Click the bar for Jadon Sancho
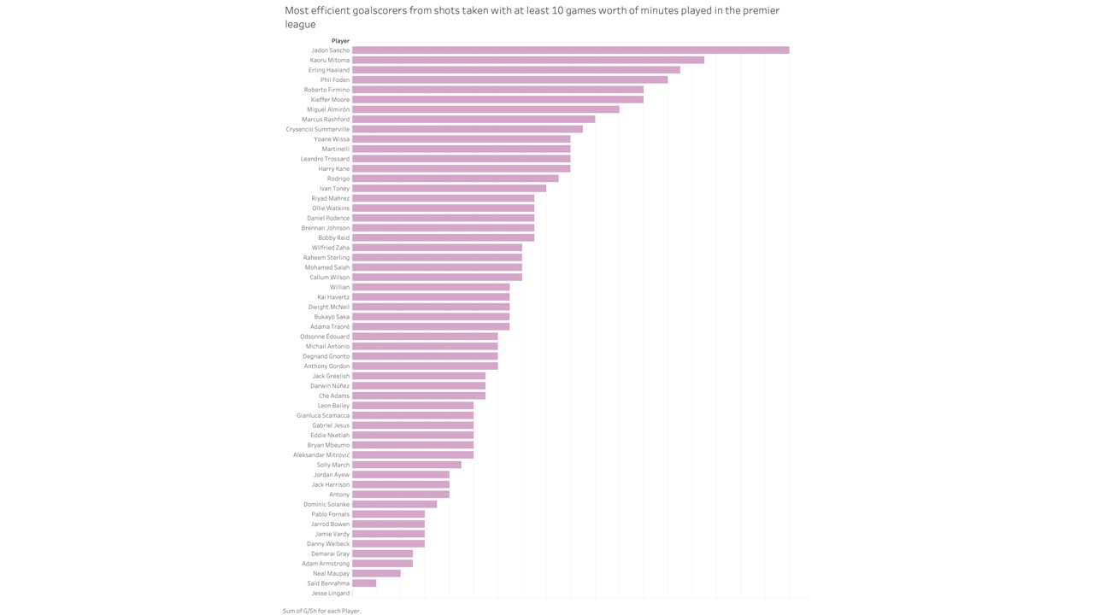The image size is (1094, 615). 570,50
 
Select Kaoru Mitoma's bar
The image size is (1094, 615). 528,60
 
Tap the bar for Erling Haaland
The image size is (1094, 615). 516,70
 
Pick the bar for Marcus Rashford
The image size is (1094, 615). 473,120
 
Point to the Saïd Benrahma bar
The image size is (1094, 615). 364,583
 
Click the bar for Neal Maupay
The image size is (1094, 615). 376,573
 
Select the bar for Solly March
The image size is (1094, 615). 407,465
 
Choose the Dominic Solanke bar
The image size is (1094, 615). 395,504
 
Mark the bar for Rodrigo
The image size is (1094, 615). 456,179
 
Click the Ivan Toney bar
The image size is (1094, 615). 449,188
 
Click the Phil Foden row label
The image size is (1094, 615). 335,80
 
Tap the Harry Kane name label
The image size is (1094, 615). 334,169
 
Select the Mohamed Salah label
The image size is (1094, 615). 327,267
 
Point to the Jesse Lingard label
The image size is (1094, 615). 331,594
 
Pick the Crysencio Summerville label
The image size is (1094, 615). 318,130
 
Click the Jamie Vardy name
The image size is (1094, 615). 332,534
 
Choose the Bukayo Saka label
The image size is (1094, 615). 332,317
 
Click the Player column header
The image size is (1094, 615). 340,41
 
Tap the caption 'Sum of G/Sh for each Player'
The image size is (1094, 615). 322,611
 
